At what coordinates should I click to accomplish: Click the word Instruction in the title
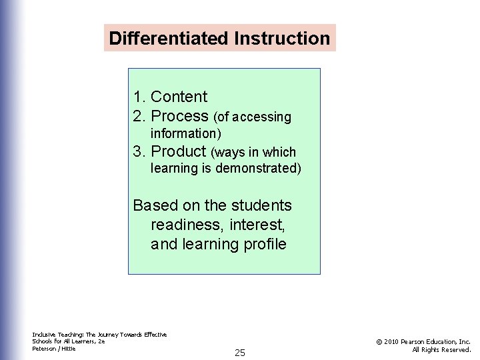pos(282,38)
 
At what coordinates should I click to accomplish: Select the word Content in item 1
pos(179,97)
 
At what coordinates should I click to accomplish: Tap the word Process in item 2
pos(179,117)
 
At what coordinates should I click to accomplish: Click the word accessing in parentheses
pos(261,117)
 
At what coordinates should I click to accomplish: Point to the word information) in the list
pos(186,134)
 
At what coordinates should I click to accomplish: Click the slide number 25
pos(240,353)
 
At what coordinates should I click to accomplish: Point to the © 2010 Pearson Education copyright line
pos(423,341)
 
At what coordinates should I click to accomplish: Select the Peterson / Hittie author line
pos(54,349)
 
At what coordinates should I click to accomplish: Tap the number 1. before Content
pos(139,97)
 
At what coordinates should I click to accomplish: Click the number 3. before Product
pos(139,151)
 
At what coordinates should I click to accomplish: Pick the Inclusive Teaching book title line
pos(99,335)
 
